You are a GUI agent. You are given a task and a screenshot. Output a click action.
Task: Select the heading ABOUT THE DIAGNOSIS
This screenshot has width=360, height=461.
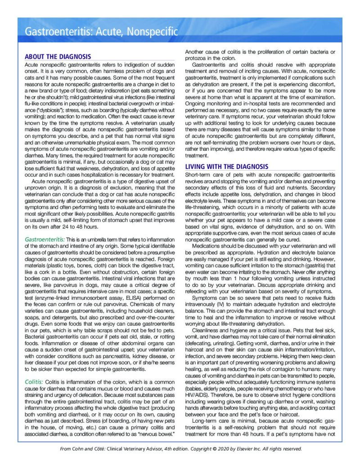58,57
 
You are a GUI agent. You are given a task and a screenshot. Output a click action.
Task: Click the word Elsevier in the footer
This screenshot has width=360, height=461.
245,449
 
